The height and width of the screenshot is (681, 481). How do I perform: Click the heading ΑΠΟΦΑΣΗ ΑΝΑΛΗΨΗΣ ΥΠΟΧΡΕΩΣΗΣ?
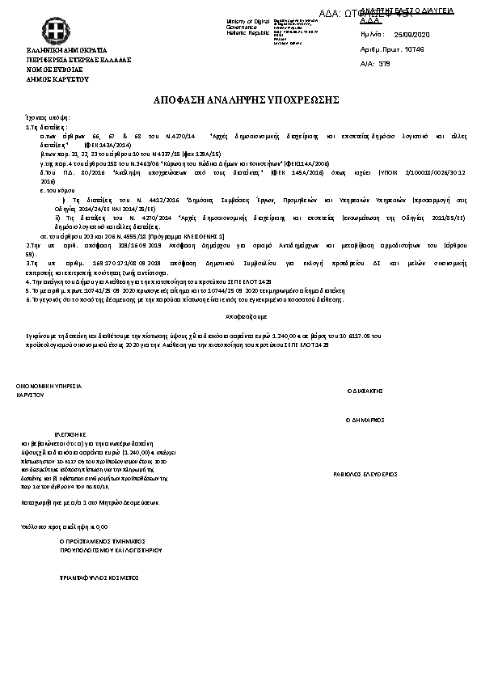pos(240,99)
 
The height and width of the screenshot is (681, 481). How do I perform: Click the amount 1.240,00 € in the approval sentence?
pos(289,334)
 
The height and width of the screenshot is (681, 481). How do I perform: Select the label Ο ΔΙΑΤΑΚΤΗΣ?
pos(364,389)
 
